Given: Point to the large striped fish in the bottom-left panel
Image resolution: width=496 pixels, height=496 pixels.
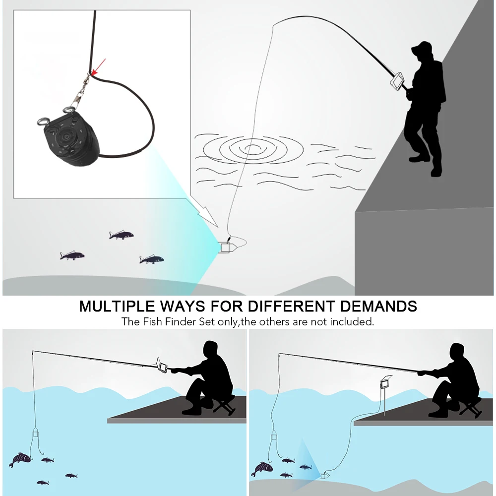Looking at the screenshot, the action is click(20, 458).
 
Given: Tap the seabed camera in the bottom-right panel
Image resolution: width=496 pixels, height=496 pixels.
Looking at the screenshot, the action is click(325, 475).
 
